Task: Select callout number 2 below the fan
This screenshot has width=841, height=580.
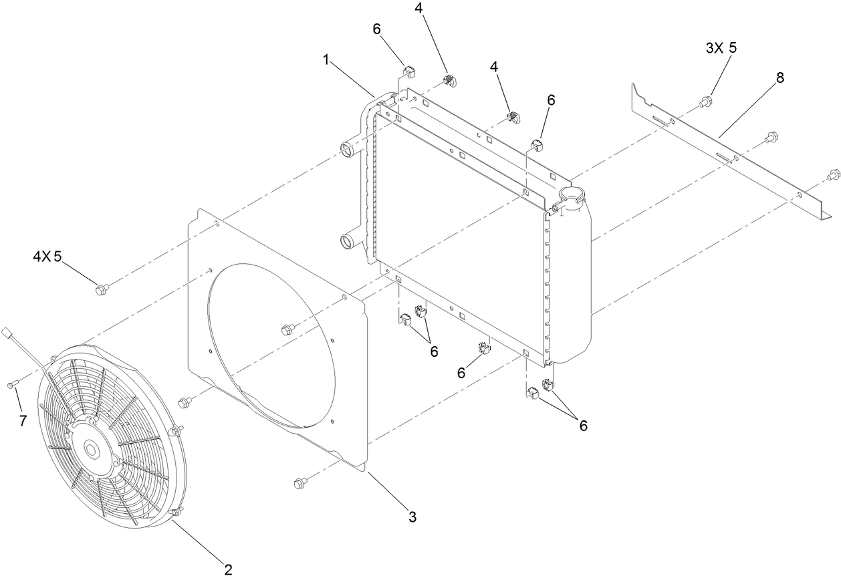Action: coord(228,569)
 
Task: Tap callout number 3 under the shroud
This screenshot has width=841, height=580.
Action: coord(412,516)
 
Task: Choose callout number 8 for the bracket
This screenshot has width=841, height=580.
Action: coord(779,77)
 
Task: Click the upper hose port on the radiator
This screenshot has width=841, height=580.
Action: coord(348,149)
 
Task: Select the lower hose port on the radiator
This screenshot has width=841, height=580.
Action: coord(348,241)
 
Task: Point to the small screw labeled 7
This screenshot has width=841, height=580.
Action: coord(12,385)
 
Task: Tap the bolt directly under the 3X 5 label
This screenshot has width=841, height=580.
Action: coord(706,103)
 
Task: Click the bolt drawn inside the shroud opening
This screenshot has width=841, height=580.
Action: coord(287,328)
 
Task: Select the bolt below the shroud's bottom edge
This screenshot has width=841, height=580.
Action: coord(300,482)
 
